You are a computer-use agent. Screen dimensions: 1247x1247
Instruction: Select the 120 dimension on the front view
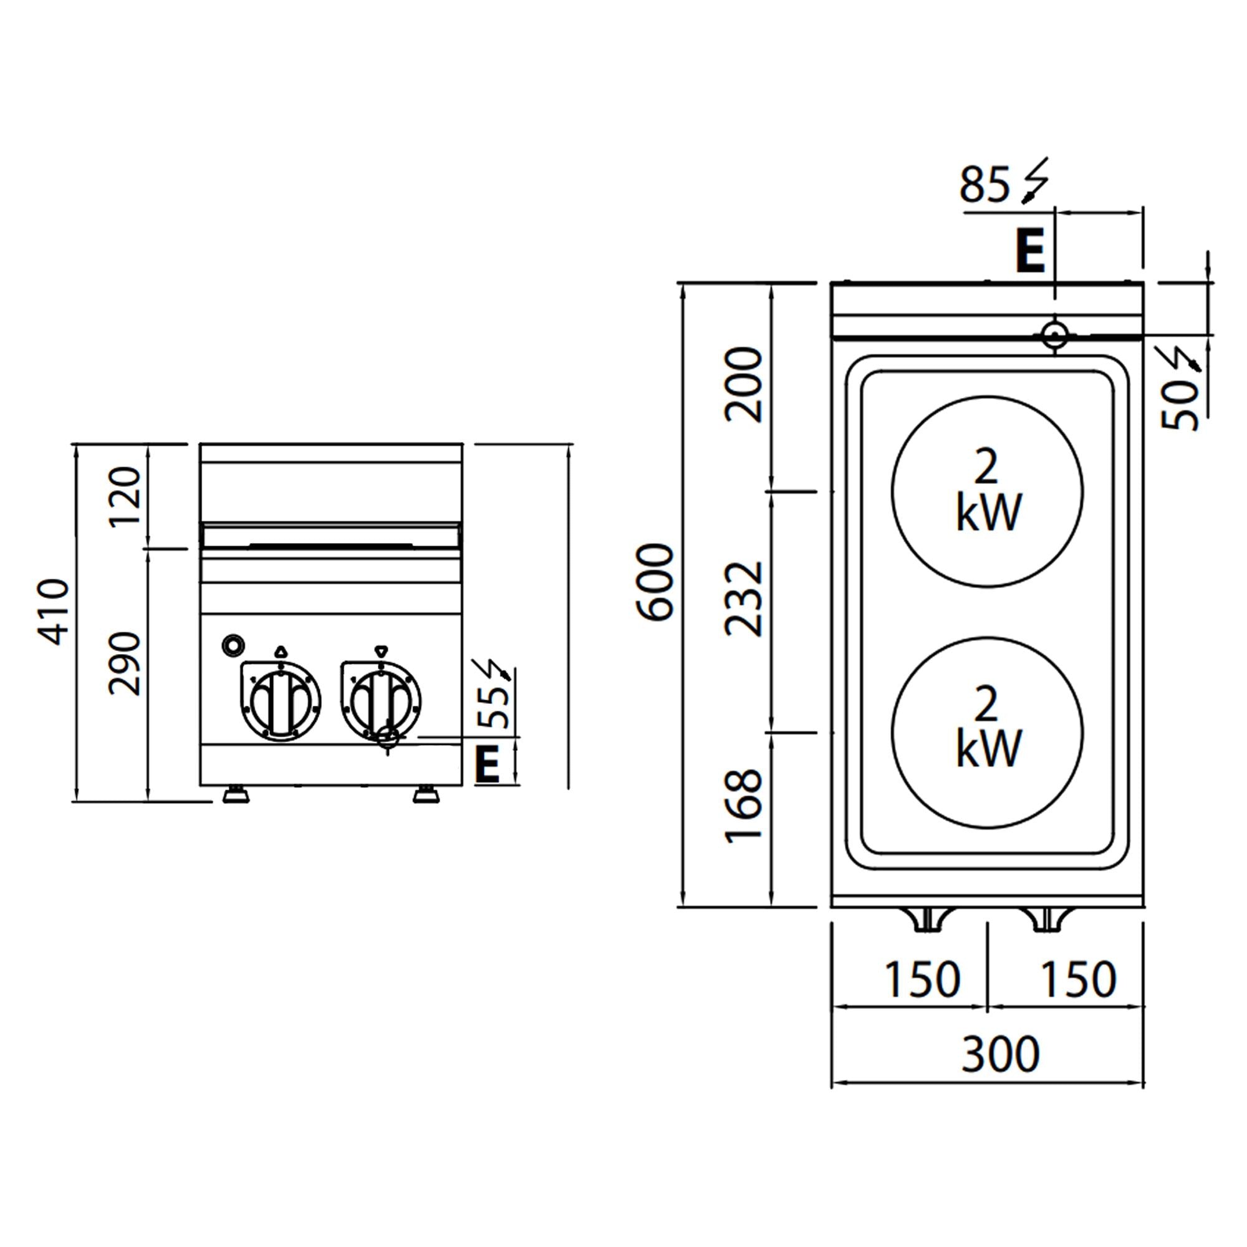(x=125, y=496)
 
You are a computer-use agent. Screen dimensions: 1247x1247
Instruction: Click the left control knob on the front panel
(x=281, y=701)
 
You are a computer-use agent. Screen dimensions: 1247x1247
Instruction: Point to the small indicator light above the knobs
(x=233, y=644)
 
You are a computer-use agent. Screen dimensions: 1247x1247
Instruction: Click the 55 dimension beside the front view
(x=498, y=707)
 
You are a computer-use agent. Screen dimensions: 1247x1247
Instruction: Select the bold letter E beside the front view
(x=488, y=764)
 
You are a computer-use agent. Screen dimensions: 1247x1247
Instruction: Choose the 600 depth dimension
(x=656, y=582)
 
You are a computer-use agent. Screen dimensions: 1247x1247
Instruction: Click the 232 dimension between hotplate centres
(x=744, y=599)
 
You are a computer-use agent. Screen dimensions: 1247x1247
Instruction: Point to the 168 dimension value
(x=744, y=806)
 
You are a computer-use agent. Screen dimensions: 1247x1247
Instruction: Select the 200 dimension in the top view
(x=744, y=385)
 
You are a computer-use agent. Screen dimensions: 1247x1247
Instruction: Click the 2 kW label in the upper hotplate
(x=988, y=491)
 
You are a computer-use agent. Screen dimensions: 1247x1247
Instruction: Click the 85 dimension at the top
(x=985, y=185)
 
